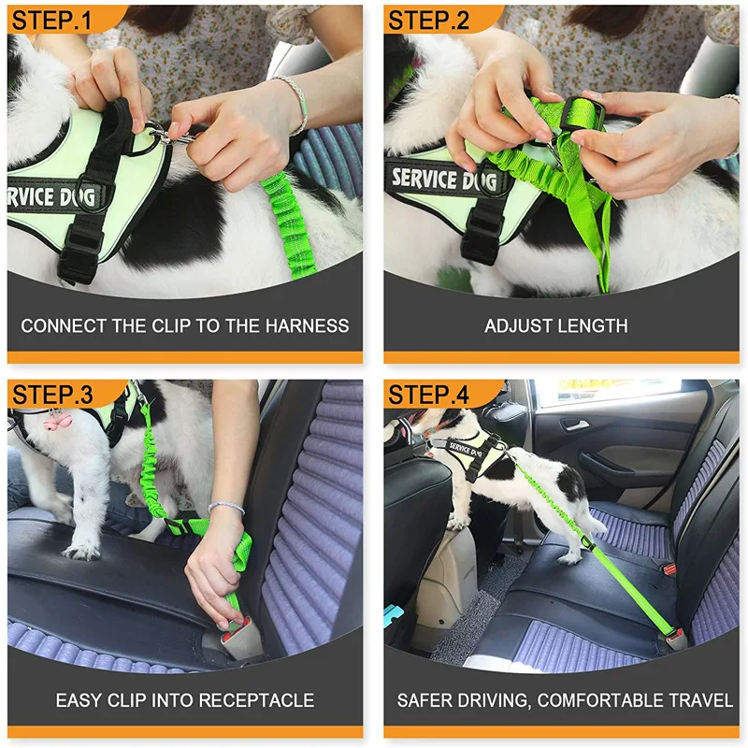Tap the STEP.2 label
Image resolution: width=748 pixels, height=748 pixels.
click(429, 21)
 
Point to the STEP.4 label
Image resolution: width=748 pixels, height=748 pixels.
click(429, 395)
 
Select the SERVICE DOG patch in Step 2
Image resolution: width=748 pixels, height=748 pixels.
click(437, 180)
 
